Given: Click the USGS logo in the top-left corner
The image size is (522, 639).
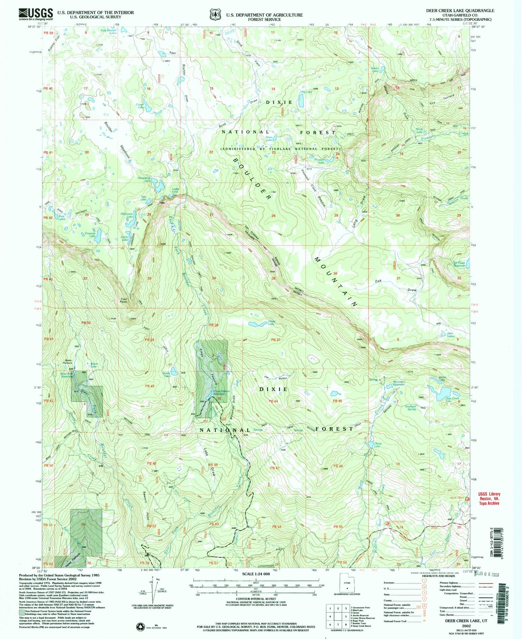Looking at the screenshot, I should [35, 14].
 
